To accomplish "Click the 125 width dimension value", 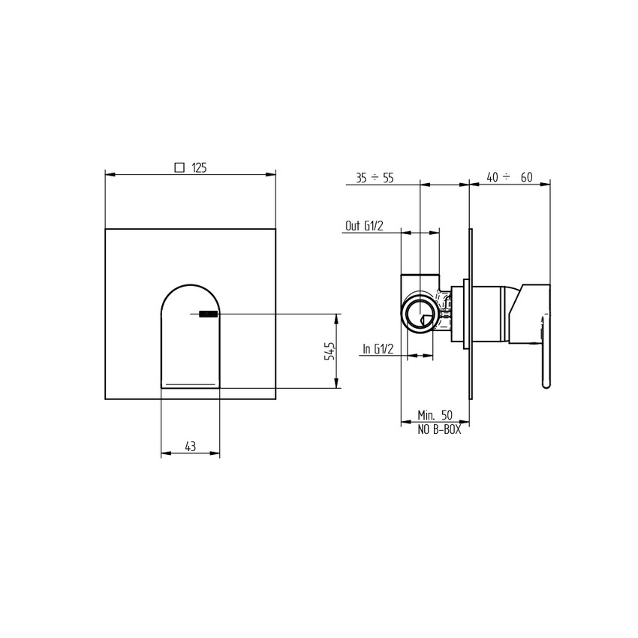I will (199, 168).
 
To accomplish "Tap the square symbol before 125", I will (179, 168).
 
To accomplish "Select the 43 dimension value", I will (190, 447).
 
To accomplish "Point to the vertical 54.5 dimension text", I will (328, 351).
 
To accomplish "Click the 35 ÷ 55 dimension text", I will (375, 177).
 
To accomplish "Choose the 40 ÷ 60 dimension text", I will (509, 177).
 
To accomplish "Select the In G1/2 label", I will (379, 349).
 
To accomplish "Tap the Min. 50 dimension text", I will (435, 415).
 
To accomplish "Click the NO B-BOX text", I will (439, 430).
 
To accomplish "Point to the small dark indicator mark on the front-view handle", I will (208, 314).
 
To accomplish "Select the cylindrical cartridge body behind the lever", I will (492, 314).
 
